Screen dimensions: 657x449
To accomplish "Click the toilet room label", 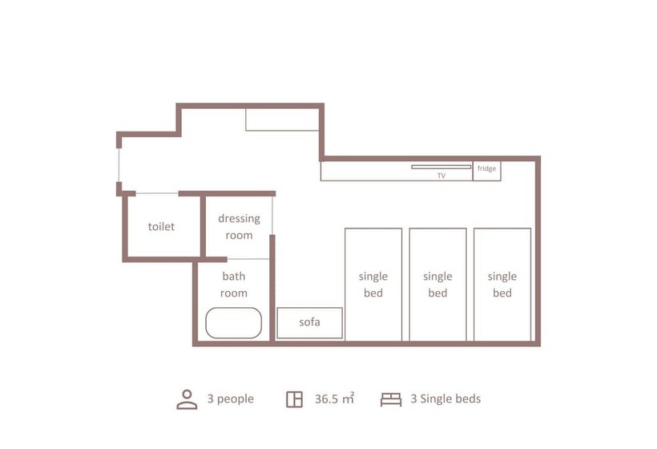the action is [161, 226].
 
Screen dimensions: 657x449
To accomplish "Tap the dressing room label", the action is [239, 227].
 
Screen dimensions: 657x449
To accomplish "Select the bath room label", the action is [234, 285].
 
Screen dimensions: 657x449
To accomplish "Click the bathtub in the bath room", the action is [233, 323].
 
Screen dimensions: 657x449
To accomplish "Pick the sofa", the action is [309, 323].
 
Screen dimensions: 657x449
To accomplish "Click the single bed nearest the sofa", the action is [373, 285].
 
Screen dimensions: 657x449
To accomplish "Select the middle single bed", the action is [437, 285].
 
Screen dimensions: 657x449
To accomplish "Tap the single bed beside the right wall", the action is [502, 285].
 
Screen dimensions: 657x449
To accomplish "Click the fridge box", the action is [487, 171].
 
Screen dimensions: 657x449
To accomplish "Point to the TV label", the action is [441, 176].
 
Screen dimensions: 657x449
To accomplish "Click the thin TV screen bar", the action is [441, 167].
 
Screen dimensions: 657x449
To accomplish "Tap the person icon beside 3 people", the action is [187, 399].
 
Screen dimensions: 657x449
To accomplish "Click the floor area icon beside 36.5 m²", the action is [294, 399].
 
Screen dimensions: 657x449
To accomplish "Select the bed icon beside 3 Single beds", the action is [391, 399].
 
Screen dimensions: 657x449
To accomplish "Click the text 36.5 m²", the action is [334, 398].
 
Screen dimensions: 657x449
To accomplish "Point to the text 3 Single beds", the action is [445, 398].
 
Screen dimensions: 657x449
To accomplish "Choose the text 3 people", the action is [231, 398].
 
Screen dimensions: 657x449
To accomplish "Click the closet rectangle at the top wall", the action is [282, 119].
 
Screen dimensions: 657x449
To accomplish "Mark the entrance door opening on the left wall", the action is [119, 165].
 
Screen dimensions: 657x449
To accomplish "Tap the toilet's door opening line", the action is [157, 194].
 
